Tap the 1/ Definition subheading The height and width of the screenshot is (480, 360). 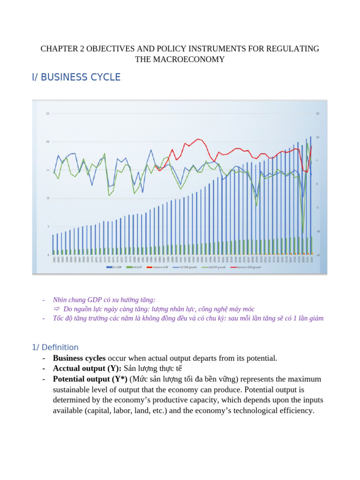55,347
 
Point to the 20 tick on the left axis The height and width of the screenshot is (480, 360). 47,142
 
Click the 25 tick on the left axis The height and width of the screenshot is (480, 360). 47,113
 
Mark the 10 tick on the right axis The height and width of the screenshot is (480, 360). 318,137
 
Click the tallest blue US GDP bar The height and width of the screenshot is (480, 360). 310,197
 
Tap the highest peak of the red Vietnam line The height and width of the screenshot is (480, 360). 199,139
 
